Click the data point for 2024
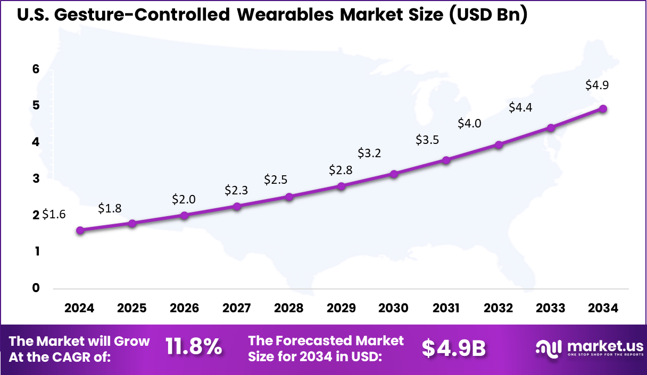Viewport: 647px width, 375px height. pos(80,230)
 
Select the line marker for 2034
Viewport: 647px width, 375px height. pos(603,108)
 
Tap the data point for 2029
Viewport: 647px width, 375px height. pos(342,186)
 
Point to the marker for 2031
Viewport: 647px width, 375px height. pos(446,160)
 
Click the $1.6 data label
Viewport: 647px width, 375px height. pos(54,215)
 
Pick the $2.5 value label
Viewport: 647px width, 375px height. pos(276,180)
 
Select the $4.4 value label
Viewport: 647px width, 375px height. pos(520,107)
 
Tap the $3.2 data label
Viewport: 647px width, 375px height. pos(369,153)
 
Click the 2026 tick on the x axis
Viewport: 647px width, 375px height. pos(184,308)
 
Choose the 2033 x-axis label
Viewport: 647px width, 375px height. pos(551,308)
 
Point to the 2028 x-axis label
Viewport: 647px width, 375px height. pos(289,308)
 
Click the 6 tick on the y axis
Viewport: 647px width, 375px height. pos(36,69)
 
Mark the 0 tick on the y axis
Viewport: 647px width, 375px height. pos(36,288)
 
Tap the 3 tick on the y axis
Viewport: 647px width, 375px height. pos(36,178)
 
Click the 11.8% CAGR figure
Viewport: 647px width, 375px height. pos(194,347)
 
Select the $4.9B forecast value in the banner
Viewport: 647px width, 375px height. pos(454,348)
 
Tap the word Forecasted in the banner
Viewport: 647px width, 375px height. pos(315,340)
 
